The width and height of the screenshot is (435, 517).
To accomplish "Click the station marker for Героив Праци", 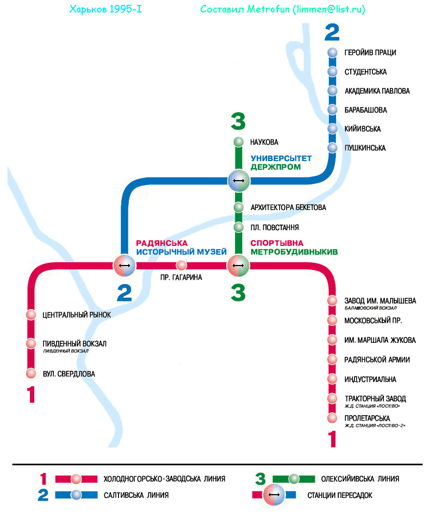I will point(333,53).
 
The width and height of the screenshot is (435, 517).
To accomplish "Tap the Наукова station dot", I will point(238,143).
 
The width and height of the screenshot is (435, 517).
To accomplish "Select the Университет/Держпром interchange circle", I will point(238,180).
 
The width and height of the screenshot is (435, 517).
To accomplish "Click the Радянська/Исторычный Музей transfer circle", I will point(125,266).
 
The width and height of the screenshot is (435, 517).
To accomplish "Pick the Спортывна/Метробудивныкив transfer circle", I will point(238,266).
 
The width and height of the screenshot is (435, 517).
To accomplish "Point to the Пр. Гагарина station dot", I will point(182,266).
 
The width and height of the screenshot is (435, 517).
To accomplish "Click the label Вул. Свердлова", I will point(69,374).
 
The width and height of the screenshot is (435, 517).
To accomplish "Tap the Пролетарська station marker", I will point(333,418).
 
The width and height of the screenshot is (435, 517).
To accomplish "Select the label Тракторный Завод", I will point(375,398).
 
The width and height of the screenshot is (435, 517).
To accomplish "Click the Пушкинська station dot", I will point(333,148).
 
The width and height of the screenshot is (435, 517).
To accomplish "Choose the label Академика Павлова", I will point(377,91).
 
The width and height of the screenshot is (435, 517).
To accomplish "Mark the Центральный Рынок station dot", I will point(31,315).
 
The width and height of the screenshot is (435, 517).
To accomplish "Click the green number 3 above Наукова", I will point(238,121).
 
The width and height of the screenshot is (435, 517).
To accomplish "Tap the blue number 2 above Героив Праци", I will point(332,33).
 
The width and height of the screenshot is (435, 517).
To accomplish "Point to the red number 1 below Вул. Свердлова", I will point(32,395).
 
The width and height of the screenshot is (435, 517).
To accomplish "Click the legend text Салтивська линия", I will point(136,495).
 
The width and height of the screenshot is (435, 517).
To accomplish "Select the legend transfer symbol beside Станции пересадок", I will point(274,495).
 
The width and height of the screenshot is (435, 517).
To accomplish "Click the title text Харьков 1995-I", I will point(106,10).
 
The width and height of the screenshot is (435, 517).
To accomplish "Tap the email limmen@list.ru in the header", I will point(330,10).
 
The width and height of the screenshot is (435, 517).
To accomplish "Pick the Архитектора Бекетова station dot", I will point(238,207).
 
